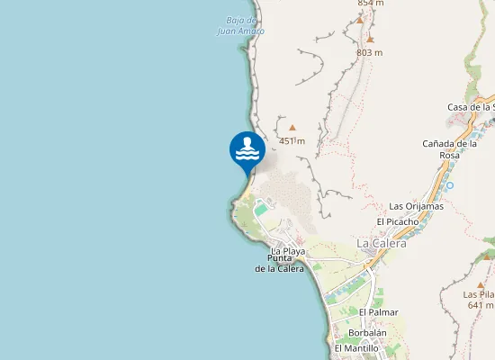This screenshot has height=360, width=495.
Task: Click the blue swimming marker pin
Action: click(x=247, y=150)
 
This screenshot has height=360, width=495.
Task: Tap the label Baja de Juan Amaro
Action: click(x=241, y=25)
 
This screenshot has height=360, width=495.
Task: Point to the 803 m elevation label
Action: click(x=369, y=52)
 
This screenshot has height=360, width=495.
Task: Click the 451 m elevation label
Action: click(x=292, y=141)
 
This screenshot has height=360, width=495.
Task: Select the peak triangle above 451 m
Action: click(x=292, y=128)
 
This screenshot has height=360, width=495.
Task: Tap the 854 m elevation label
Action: click(x=370, y=4)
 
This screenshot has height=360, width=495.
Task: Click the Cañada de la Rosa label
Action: click(x=449, y=148)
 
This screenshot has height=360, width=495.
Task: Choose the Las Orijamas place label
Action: click(x=416, y=206)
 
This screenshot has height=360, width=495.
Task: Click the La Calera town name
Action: click(x=382, y=243)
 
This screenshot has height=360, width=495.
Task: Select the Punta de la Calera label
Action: click(x=279, y=263)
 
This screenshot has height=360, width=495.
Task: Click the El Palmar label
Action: click(x=378, y=312)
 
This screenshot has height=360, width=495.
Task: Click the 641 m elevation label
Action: click(x=481, y=305)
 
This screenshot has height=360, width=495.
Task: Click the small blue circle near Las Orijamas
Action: click(x=449, y=185)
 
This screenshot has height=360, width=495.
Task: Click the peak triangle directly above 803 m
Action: click(x=369, y=40)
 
